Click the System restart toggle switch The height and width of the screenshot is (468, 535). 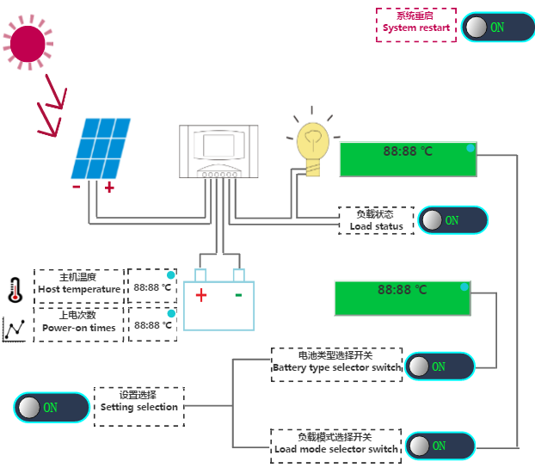click(498, 27)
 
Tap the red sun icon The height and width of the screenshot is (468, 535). click(28, 43)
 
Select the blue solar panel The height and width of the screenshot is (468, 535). click(101, 149)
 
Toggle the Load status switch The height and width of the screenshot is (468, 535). click(452, 220)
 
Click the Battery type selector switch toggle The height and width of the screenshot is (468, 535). click(440, 366)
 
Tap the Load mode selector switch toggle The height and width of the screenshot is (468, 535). click(440, 446)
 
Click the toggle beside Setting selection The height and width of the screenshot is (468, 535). click(52, 407)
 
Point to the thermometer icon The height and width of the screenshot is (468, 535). click(15, 290)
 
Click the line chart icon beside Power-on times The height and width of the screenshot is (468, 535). click(14, 329)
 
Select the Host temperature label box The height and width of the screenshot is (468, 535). click(79, 286)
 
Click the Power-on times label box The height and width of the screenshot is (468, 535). click(78, 324)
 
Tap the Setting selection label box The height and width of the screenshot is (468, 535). click(138, 407)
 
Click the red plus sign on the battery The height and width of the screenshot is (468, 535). click(201, 295)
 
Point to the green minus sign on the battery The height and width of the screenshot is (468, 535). click(238, 295)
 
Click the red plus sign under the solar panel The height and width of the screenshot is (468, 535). click(109, 188)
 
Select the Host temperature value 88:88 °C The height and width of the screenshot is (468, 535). click(152, 287)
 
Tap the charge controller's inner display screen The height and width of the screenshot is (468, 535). click(218, 145)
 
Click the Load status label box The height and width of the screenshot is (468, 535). click(376, 220)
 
